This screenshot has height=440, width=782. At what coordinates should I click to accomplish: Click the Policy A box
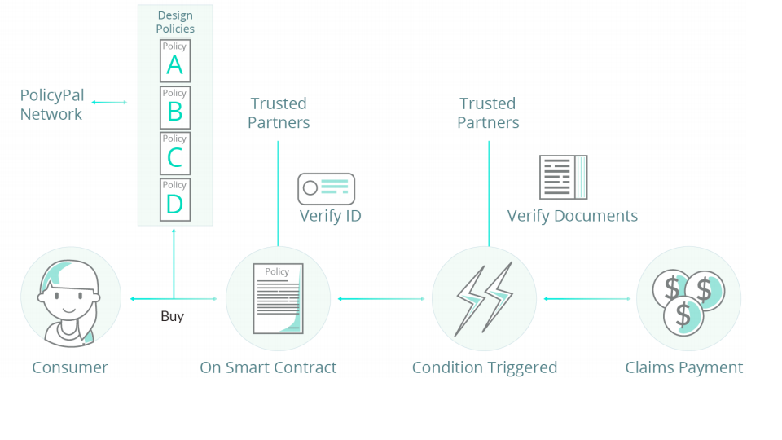point(175,60)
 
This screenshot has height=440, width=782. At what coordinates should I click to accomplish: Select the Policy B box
point(175,107)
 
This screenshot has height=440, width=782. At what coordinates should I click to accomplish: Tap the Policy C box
point(175,153)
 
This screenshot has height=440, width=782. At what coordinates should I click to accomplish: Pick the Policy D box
point(175,200)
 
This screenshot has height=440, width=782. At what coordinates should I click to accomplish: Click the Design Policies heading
point(175,22)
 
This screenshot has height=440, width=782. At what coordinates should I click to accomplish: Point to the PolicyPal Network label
point(51,105)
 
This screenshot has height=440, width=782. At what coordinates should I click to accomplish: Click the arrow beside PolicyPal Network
point(109,102)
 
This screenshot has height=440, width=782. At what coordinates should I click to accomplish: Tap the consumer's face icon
point(70,298)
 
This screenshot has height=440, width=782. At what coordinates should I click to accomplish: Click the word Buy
point(172,316)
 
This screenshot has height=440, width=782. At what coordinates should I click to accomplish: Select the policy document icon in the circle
point(278,298)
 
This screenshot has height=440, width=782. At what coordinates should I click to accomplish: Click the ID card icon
point(326,188)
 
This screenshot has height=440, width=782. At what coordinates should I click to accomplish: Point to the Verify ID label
point(330,216)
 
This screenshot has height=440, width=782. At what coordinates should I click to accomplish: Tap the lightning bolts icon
point(484,298)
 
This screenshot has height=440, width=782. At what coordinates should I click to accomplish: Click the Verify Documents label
point(572,216)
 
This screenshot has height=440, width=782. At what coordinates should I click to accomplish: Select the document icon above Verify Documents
point(563,177)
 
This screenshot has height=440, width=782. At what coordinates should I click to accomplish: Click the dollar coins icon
point(688,298)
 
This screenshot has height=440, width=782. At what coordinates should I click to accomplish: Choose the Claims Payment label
point(683,367)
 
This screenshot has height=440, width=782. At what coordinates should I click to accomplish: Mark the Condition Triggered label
point(484,367)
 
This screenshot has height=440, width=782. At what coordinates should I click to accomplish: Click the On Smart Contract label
point(268,367)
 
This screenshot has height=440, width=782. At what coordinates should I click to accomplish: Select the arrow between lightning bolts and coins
point(586,299)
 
